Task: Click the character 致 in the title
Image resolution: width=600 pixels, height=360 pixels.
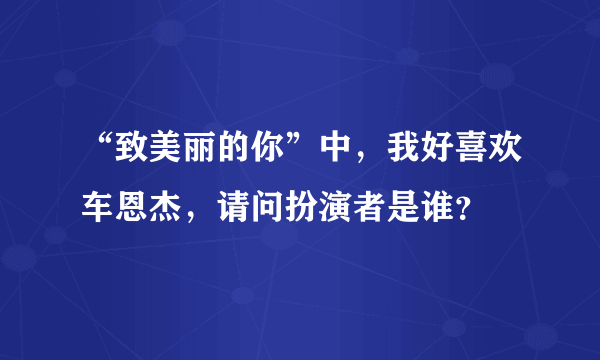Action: point(134,157)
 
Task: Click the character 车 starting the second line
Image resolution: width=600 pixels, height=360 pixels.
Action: point(100,209)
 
